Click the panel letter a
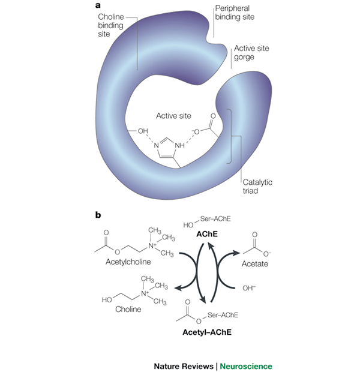click(x=98, y=5)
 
